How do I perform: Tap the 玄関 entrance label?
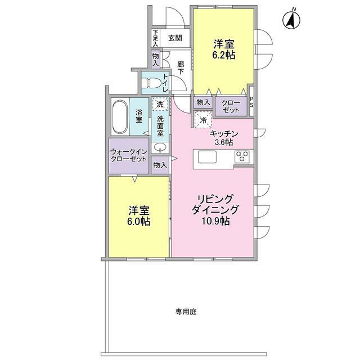175,38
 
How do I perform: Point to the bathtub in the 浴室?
119,117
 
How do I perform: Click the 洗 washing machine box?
160,105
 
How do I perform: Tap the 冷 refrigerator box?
201,119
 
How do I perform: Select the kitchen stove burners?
242,156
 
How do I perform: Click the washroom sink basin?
160,148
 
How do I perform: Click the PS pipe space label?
251,104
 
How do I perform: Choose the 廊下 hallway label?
181,69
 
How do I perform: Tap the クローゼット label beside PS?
230,106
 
